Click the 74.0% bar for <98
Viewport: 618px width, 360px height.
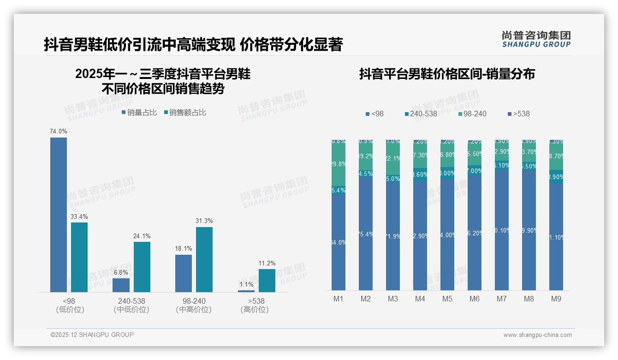pos(59,215)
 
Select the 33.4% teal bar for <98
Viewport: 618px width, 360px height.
pos(79,257)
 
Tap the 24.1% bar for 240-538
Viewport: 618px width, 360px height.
pos(142,267)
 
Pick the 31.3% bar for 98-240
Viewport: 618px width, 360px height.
pos(204,259)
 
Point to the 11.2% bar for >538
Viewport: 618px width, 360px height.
pos(267,281)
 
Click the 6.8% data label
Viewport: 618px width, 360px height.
pos(121,273)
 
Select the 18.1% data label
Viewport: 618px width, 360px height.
pos(184,249)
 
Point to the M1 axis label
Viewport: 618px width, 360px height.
pos(339,299)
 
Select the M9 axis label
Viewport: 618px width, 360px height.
pos(556,299)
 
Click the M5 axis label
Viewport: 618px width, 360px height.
pos(447,299)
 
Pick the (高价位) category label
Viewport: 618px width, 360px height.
pos(254,310)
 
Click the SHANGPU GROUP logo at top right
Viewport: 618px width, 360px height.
pos(536,39)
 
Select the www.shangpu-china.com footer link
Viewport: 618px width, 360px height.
pos(537,335)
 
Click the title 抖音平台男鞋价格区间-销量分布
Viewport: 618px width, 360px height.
pos(447,74)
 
